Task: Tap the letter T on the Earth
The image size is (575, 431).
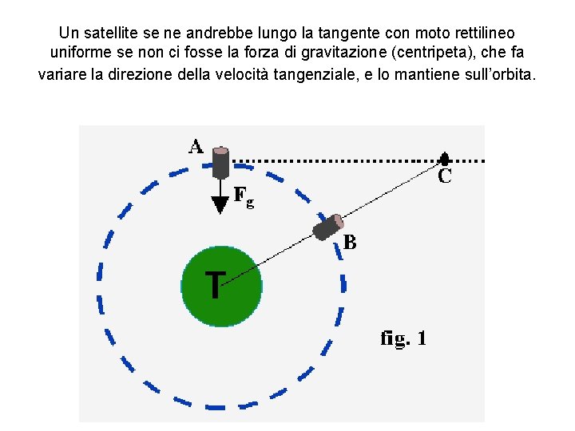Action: (214, 284)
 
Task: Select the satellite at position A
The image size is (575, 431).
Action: (220, 163)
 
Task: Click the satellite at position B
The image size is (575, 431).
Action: (327, 227)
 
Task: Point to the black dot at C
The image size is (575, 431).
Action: (445, 160)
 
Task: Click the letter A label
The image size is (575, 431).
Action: (196, 146)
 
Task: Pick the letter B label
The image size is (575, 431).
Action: (350, 242)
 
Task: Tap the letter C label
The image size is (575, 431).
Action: (445, 177)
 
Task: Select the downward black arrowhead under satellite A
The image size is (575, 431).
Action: (220, 205)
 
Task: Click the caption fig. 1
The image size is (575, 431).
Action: (403, 338)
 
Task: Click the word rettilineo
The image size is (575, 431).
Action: (477, 34)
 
